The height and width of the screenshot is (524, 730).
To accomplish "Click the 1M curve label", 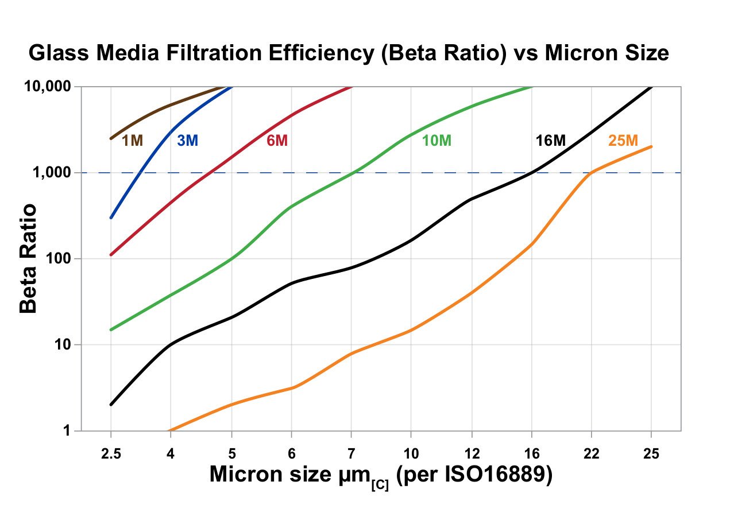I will pos(132,141).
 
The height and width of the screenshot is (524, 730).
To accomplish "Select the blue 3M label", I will pos(187,141).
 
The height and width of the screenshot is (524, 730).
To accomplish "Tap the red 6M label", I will pos(277,141).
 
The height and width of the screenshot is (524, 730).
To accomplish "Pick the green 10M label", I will pos(437,141).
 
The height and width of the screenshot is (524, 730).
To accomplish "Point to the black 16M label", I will pos(550,141).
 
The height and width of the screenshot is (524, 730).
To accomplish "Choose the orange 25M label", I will pos(623,141).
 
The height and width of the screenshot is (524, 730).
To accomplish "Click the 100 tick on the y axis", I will pos(59,259).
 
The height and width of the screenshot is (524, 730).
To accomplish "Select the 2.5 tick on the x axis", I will pos(111,453).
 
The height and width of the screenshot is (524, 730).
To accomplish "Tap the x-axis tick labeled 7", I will pos(350,453).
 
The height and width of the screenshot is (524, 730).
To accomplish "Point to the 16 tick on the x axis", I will pos(531,453).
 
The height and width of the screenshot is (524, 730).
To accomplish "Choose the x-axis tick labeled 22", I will pos(592,453).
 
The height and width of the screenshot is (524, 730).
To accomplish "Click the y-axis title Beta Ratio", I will pos(29,259).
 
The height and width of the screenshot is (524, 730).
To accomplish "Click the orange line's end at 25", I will pos(651,146).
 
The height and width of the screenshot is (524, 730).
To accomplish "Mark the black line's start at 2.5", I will pos(111,405).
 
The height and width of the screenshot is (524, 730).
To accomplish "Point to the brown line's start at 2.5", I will pos(111,138).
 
